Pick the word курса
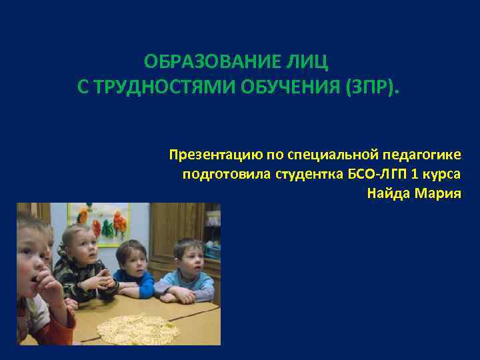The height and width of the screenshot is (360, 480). pyautogui.click(x=443, y=175)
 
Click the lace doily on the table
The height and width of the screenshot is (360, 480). pyautogui.click(x=137, y=326)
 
